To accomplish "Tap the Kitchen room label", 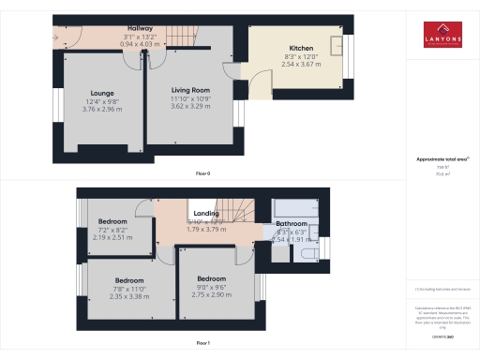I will click(301, 48).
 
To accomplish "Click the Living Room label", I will click(189, 90).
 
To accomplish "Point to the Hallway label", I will click(140, 29).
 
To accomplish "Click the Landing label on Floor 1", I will click(206, 214).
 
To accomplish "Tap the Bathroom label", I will click(292, 224).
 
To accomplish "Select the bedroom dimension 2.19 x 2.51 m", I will click(112, 237).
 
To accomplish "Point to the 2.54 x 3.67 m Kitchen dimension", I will click(301, 63).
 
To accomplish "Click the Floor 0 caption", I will click(202, 173).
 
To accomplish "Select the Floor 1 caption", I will click(202, 344).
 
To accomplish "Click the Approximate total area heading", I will click(441, 159).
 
